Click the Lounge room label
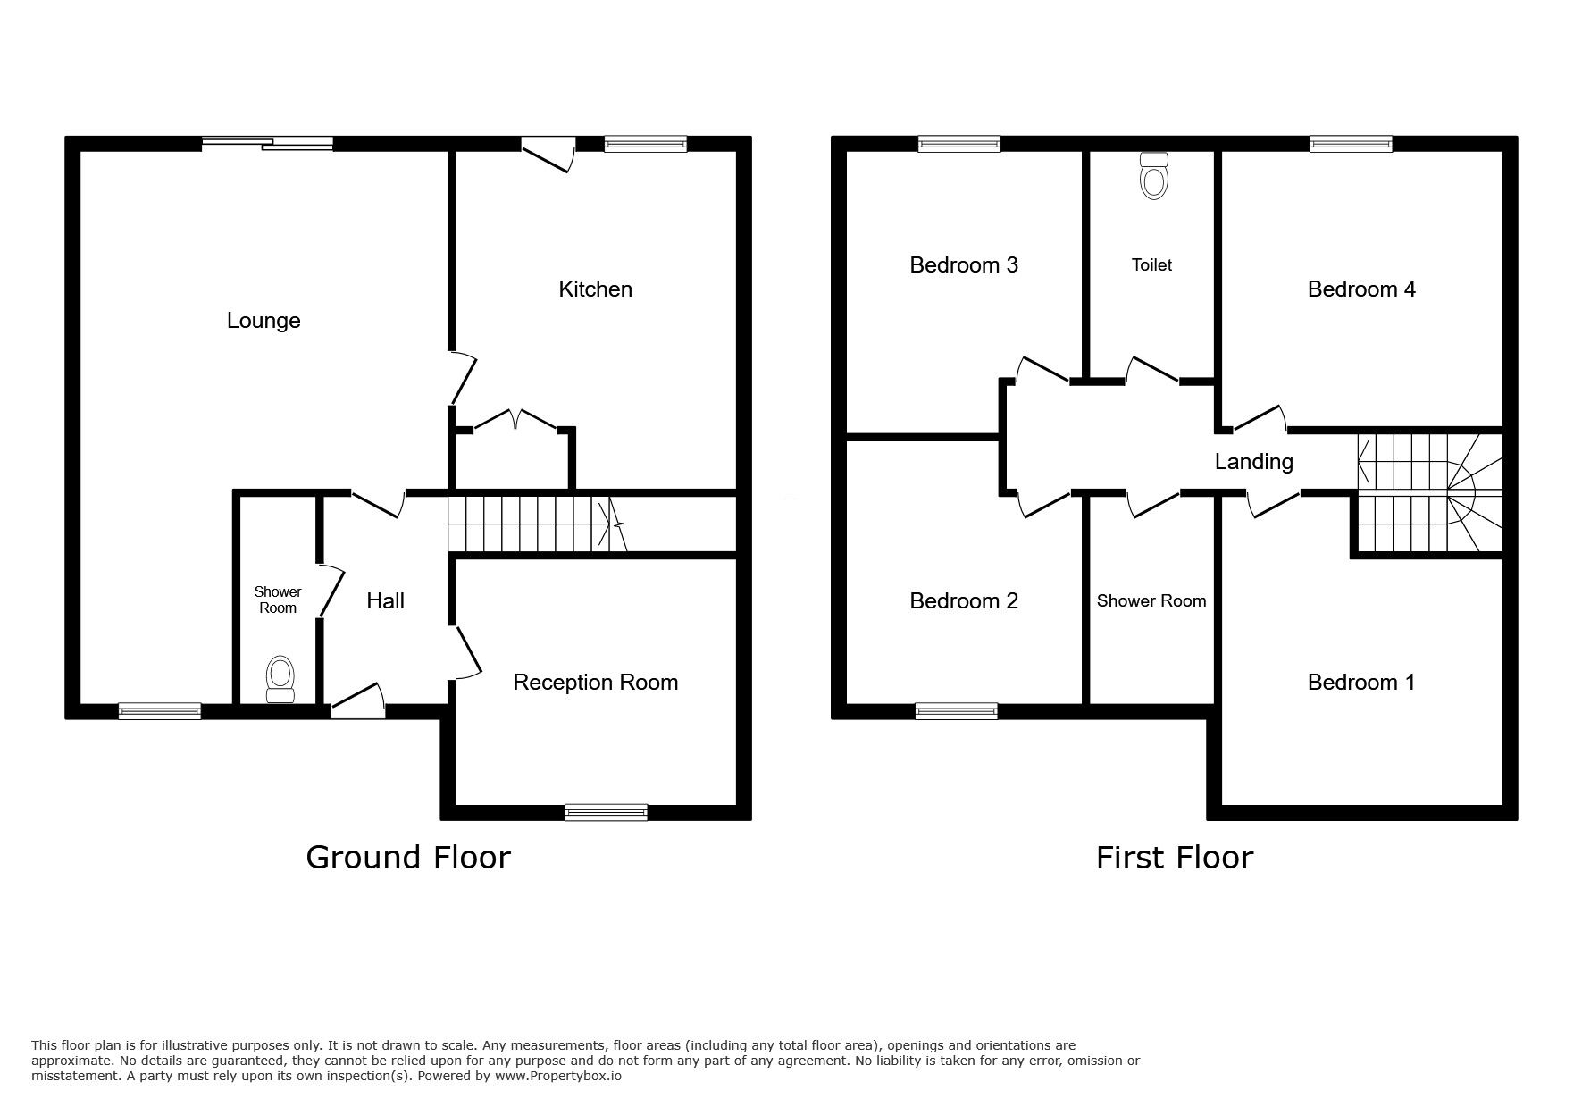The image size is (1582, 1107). pyautogui.click(x=264, y=321)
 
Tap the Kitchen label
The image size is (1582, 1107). pyautogui.click(x=595, y=289)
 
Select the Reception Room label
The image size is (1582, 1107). pyautogui.click(x=595, y=683)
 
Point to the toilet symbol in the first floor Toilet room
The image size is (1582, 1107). pyautogui.click(x=1154, y=176)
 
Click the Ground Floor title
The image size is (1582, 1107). pyautogui.click(x=408, y=858)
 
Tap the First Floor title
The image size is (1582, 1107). pyautogui.click(x=1175, y=858)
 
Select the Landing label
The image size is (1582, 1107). pyautogui.click(x=1253, y=462)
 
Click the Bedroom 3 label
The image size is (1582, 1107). pyautogui.click(x=964, y=265)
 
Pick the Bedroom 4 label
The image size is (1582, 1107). pyautogui.click(x=1361, y=289)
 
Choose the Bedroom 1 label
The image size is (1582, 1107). pyautogui.click(x=1361, y=683)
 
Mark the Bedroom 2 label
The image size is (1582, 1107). pyautogui.click(x=964, y=601)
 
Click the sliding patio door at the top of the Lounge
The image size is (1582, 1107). pyautogui.click(x=267, y=143)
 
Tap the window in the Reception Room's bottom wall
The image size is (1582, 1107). pyautogui.click(x=606, y=812)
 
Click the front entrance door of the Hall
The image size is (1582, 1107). pyautogui.click(x=358, y=701)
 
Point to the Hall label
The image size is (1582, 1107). pyautogui.click(x=385, y=601)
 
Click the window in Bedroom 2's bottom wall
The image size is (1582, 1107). pyautogui.click(x=956, y=711)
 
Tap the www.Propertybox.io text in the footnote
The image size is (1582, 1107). pyautogui.click(x=557, y=1077)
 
